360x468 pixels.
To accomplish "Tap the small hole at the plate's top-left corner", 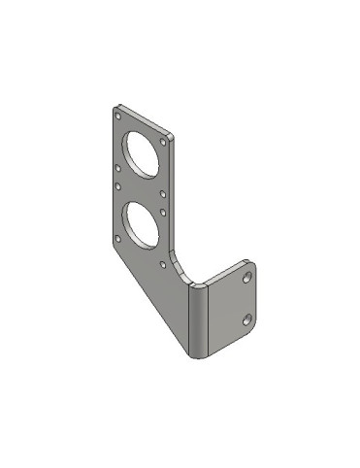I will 118,114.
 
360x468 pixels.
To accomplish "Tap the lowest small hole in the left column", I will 118,238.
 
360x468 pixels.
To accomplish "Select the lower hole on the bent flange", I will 247,318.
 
